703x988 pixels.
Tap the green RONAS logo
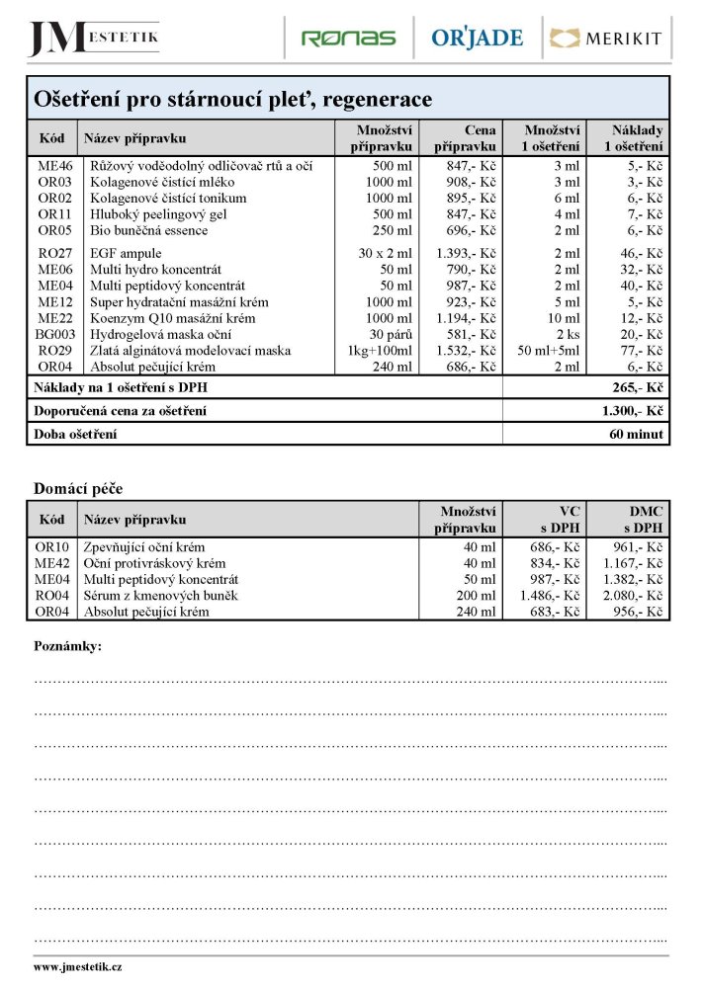tap(348, 39)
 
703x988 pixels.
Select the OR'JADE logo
tap(478, 39)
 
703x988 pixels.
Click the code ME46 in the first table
tap(54, 166)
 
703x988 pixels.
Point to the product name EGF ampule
tap(126, 254)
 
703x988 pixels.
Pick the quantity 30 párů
tap(391, 334)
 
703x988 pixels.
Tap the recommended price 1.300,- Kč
tap(632, 410)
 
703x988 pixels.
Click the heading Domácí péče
tap(78, 488)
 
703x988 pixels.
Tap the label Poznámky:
tap(67, 646)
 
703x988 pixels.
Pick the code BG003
tap(54, 334)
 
